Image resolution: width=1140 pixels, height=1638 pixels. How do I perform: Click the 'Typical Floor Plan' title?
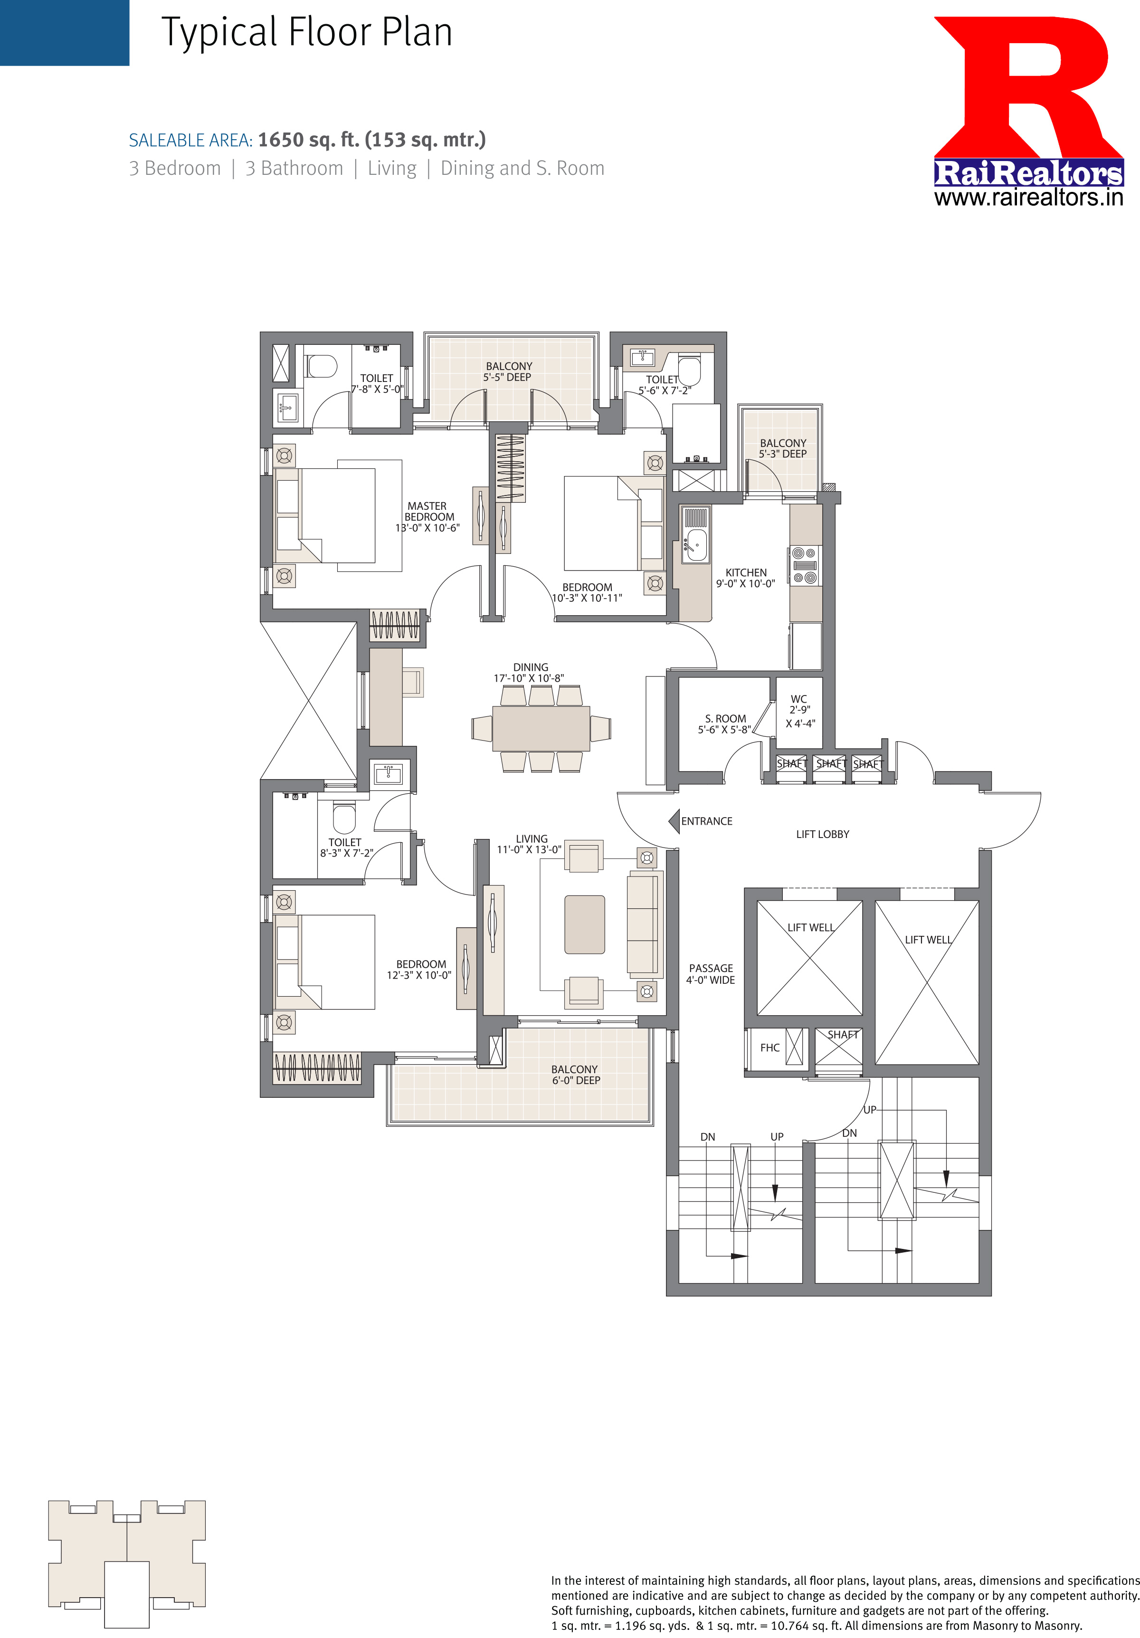307,33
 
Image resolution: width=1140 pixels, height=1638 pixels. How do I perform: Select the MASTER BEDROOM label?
427,516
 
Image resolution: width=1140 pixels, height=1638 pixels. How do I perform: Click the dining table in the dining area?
541,728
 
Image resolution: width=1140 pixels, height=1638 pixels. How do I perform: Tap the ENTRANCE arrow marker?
674,821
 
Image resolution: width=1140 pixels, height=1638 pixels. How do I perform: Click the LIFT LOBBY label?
823,834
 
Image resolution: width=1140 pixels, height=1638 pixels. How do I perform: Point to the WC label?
799,699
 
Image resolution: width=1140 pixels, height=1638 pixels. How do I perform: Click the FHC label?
770,1048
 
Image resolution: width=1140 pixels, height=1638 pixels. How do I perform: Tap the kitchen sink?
695,545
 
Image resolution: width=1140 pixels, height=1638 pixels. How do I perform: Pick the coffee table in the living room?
584,924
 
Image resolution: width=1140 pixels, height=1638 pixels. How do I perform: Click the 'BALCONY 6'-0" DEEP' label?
575,1075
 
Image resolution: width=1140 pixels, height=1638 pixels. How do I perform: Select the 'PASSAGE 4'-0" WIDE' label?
711,974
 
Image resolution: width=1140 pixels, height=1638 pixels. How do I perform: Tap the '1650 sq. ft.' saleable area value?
308,140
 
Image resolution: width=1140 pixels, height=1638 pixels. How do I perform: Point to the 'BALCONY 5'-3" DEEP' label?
783,448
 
